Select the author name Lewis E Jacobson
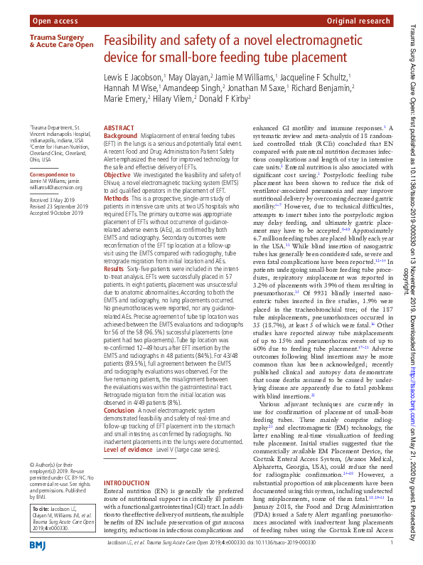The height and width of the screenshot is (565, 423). tap(133, 76)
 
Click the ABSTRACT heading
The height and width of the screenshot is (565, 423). tap(119, 127)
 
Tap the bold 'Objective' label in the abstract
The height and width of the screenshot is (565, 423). tap(117, 174)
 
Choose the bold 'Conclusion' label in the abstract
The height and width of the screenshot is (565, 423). tap(119, 411)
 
